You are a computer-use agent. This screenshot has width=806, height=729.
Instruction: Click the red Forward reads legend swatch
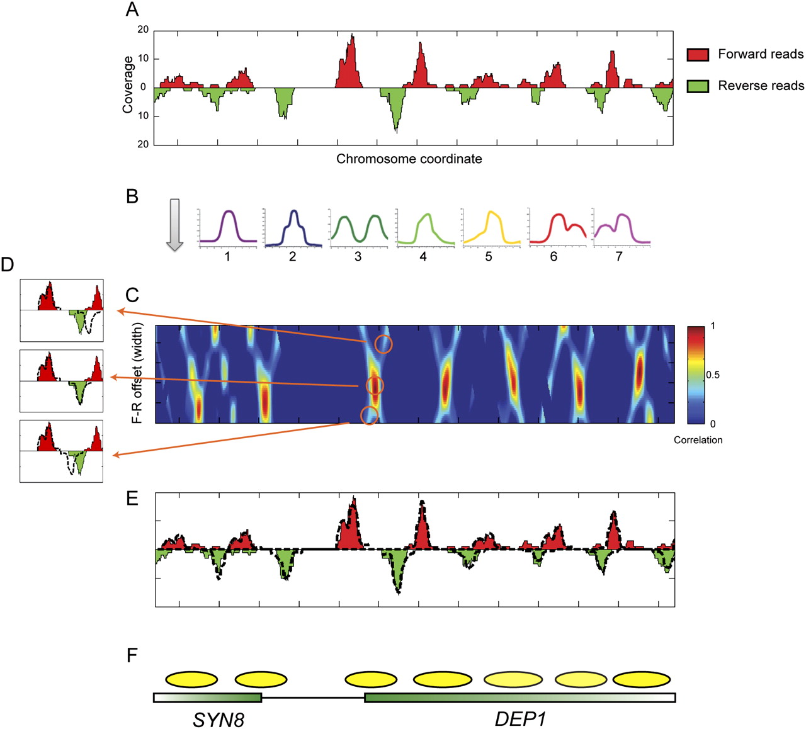[x=698, y=55]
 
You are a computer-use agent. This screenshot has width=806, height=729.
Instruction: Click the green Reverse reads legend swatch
[x=698, y=86]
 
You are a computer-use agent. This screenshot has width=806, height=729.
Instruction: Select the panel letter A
[x=132, y=9]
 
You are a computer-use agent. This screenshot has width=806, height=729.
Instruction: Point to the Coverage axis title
[x=128, y=84]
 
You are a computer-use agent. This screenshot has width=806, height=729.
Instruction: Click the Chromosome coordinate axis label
[x=409, y=159]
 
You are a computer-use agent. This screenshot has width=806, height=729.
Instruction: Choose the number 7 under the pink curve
[x=619, y=257]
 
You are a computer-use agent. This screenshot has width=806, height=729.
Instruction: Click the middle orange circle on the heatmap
[x=375, y=385]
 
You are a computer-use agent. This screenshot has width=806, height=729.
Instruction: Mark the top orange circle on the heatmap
[x=383, y=344]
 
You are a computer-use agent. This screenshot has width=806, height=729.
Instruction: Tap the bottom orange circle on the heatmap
[x=369, y=415]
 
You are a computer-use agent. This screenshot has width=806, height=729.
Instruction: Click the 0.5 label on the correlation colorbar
[x=712, y=375]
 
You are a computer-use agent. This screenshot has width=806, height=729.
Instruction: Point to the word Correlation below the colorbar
[x=698, y=440]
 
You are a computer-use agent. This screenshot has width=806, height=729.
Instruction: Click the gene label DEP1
[x=519, y=719]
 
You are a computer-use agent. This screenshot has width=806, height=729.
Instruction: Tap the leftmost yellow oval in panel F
[x=191, y=679]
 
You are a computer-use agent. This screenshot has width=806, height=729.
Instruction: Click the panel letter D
[x=7, y=264]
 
